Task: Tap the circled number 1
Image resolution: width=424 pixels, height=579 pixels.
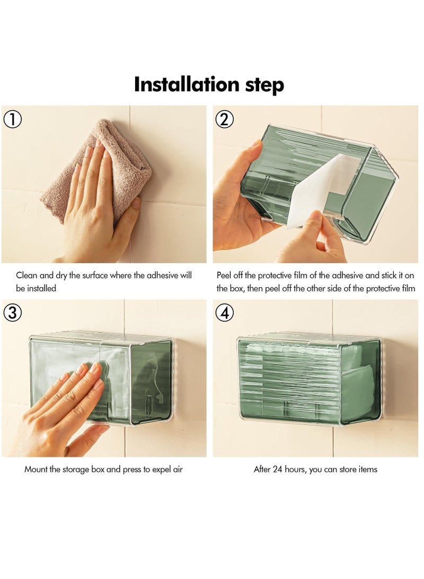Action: [12, 119]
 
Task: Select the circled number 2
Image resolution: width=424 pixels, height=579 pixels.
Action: [224, 119]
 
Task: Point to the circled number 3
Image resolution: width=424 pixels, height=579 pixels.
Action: [12, 313]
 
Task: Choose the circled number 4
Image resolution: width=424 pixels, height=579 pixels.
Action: [224, 313]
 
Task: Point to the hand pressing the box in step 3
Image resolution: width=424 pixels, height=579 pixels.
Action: [63, 410]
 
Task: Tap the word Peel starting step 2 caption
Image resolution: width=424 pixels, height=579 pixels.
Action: [224, 275]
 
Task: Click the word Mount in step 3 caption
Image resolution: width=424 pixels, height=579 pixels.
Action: [36, 469]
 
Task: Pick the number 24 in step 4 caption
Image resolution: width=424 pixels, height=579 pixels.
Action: [277, 469]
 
